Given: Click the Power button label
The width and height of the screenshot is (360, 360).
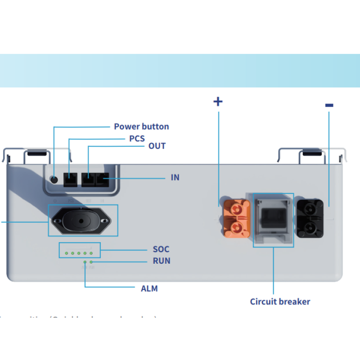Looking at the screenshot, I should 141,126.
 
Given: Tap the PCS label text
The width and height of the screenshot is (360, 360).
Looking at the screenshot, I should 137,138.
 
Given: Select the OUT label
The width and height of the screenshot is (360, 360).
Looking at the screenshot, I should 157,146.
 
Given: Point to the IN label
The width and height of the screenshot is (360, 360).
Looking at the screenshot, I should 175,177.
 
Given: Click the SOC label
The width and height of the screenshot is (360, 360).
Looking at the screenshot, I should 161,249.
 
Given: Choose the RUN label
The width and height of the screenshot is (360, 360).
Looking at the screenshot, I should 162,261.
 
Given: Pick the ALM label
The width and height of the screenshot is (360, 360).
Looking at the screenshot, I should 149,288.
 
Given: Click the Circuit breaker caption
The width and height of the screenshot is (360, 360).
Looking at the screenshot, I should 280,301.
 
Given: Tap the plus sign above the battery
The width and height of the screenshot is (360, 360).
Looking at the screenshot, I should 218,101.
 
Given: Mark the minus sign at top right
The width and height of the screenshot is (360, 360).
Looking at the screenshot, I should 329,105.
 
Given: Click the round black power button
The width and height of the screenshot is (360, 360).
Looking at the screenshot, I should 55,179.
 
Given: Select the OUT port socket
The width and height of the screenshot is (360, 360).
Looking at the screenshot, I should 88,180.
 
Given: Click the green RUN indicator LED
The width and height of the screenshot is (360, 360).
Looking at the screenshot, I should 91,261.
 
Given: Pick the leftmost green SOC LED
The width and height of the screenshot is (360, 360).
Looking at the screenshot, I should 66,253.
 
